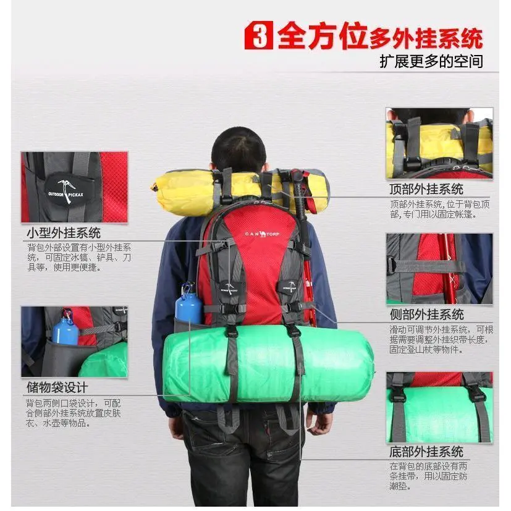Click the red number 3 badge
[x=258, y=35]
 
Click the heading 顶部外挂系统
[x=426, y=189]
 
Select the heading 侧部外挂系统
[x=426, y=315]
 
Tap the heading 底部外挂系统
[x=426, y=452]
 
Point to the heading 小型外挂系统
[x=64, y=234]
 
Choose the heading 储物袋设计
[x=57, y=388]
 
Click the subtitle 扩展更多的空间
[x=431, y=62]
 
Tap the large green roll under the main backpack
[x=268, y=363]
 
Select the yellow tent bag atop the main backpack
[x=240, y=192]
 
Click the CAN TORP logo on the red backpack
[x=262, y=234]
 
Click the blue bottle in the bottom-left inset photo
[x=65, y=330]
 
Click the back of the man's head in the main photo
[x=239, y=150]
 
